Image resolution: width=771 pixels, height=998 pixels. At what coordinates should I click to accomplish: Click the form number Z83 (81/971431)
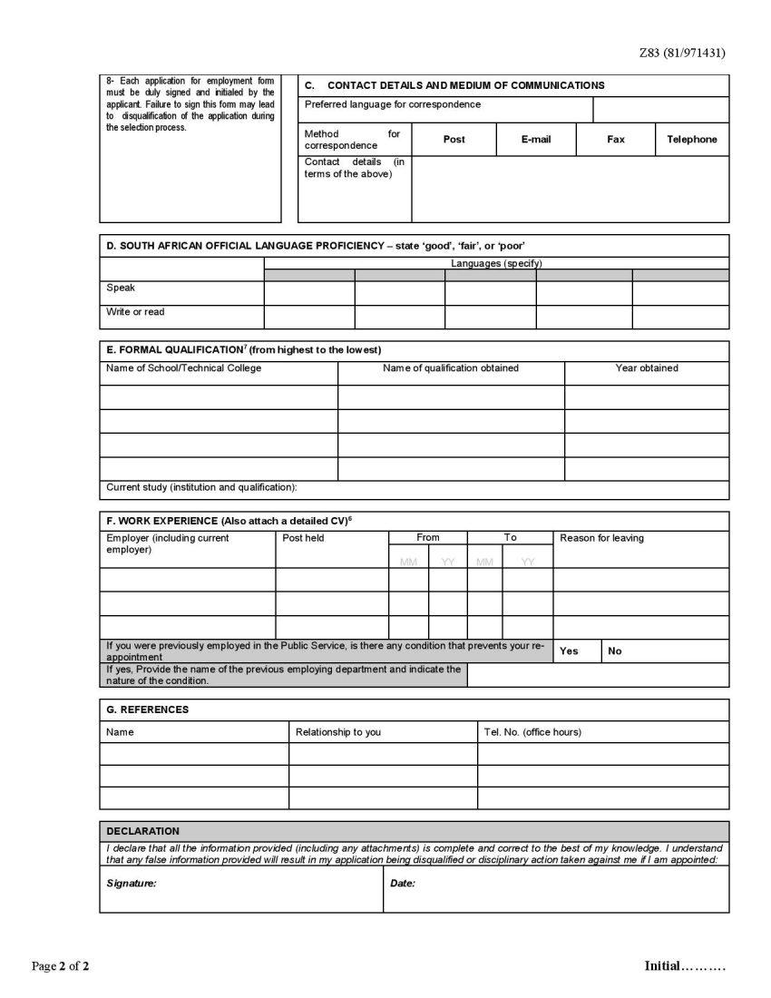click(x=682, y=53)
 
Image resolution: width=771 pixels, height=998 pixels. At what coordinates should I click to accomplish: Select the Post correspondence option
click(x=454, y=139)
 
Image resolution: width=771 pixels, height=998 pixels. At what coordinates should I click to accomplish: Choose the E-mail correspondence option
click(x=536, y=139)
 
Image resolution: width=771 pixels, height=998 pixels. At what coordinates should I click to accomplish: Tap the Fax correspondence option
click(x=616, y=139)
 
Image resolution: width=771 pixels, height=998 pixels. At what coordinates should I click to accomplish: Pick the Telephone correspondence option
click(x=691, y=139)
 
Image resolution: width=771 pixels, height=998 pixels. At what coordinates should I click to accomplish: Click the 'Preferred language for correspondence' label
click(x=393, y=104)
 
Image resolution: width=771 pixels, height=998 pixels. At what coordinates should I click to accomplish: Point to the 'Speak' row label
click(x=121, y=288)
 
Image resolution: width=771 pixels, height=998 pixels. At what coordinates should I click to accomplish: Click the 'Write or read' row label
click(x=135, y=312)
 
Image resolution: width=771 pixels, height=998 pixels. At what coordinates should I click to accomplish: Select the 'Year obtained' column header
click(x=647, y=368)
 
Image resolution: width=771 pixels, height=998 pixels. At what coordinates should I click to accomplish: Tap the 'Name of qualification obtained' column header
click(x=451, y=368)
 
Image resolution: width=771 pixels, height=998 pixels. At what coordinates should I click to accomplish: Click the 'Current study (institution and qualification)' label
click(x=201, y=487)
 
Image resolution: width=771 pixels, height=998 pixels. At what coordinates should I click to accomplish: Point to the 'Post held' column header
click(x=303, y=538)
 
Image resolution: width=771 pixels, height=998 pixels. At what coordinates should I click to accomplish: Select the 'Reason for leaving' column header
click(x=601, y=538)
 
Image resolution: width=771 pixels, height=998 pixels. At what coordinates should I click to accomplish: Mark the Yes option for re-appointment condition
click(x=569, y=651)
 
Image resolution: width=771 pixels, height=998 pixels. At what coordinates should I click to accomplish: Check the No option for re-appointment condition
click(x=615, y=651)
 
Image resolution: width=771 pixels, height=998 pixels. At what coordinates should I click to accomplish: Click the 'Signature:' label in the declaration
click(x=132, y=883)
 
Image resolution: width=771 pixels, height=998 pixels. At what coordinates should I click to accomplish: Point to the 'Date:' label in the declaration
click(x=403, y=883)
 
